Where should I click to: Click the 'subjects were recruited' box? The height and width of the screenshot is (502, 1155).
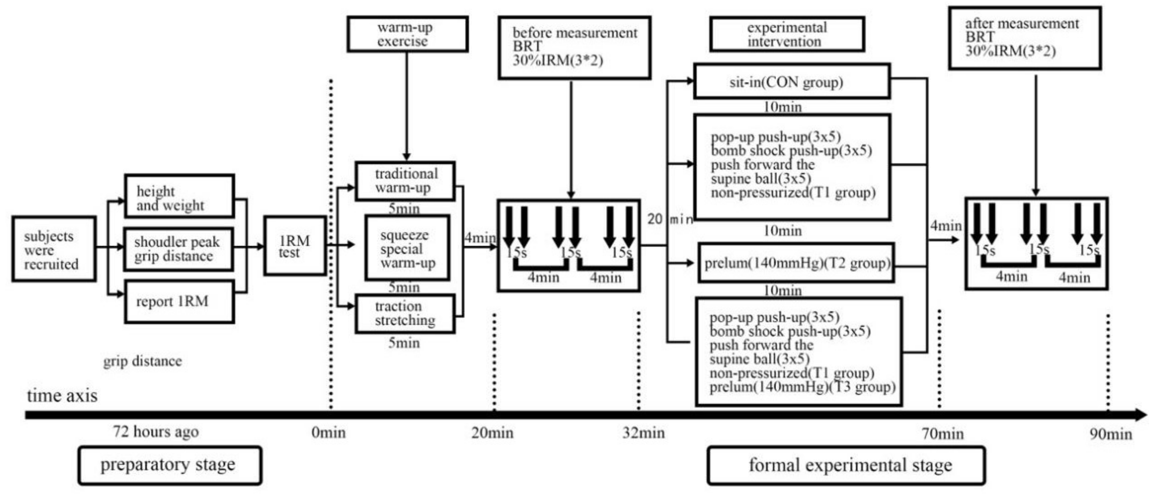54,249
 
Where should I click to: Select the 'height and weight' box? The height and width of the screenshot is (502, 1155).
179,196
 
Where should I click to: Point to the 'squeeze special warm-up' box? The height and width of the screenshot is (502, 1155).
407,248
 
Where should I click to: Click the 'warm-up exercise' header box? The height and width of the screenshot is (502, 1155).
407,34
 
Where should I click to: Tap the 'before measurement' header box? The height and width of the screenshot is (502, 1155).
574,47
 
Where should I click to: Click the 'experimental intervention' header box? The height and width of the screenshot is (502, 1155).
787,34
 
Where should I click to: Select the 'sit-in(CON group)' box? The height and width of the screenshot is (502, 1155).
792,82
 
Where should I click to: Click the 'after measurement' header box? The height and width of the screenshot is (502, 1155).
1025,38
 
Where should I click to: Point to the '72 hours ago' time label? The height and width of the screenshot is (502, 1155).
156,432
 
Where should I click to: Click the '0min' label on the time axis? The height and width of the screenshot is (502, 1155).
329,432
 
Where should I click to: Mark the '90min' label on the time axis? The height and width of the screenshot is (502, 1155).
1111,434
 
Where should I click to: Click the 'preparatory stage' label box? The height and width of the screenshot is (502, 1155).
170,465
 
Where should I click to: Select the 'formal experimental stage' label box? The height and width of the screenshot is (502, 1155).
846,465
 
